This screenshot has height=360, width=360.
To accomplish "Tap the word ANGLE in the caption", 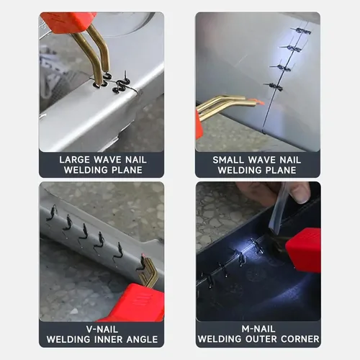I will point(145,339).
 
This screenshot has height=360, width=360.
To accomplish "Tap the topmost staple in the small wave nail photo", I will point(301,30).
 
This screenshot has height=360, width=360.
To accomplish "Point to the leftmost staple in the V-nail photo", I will point(51,212).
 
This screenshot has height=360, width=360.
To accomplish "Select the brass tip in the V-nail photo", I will point(150,272).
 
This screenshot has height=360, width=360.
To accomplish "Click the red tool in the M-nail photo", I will point(303,249).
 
